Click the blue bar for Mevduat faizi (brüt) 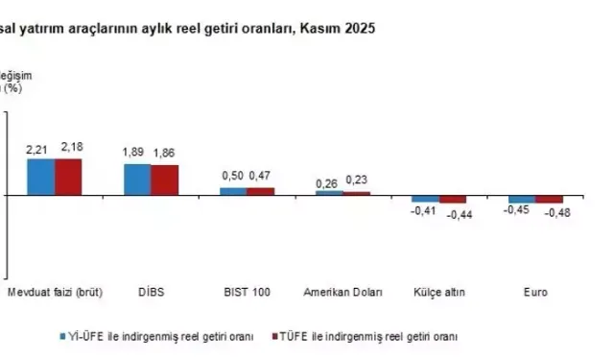pyautogui.click(x=40, y=177)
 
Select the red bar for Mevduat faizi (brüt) pyautogui.click(x=68, y=177)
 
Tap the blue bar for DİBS pyautogui.click(x=137, y=180)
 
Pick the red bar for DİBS pyautogui.click(x=164, y=180)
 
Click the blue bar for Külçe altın pyautogui.click(x=425, y=199)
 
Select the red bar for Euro pyautogui.click(x=549, y=200)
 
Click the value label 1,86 pyautogui.click(x=164, y=154)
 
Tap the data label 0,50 pyautogui.click(x=233, y=176)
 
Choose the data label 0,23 pyautogui.click(x=357, y=180)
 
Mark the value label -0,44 pyautogui.click(x=454, y=214)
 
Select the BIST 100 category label pyautogui.click(x=247, y=291)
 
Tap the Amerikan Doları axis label pyautogui.click(x=342, y=291)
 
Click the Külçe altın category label pyautogui.click(x=438, y=291)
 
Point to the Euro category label pyautogui.click(x=535, y=291)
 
